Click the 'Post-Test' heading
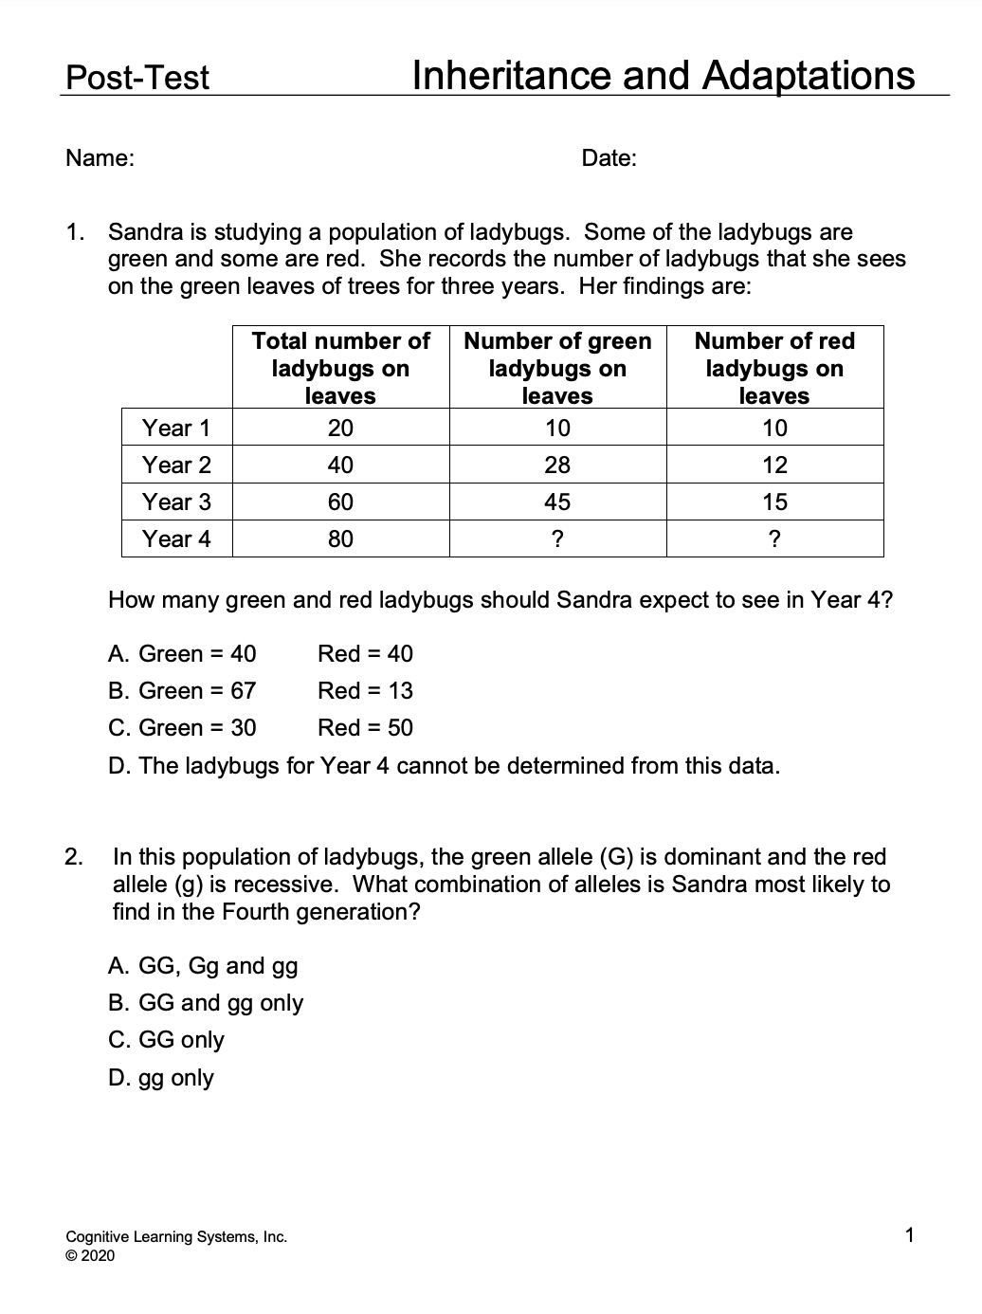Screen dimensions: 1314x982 click(137, 77)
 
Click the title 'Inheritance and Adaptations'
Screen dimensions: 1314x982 click(664, 75)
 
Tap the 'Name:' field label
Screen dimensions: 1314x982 click(100, 158)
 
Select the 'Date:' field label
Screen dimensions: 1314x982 click(609, 158)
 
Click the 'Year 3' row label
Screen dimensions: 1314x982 click(176, 502)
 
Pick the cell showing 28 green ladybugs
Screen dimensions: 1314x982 click(557, 465)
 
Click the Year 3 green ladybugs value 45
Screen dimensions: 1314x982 click(557, 502)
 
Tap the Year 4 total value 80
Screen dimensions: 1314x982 click(340, 538)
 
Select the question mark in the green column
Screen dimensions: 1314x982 click(557, 539)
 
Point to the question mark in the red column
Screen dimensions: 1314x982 click(774, 539)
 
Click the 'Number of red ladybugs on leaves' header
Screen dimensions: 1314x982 click(774, 368)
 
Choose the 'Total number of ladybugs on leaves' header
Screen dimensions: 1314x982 click(340, 368)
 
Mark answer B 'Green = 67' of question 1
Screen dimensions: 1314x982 click(182, 690)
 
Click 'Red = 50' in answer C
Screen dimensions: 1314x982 click(365, 727)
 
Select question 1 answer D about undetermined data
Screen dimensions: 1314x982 click(444, 765)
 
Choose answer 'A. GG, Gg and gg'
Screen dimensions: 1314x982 click(203, 965)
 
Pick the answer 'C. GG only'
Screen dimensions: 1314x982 click(166, 1039)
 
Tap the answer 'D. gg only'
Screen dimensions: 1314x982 click(161, 1077)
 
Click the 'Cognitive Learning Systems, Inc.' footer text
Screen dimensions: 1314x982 click(176, 1236)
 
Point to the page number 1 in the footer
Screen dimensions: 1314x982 click(910, 1234)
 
